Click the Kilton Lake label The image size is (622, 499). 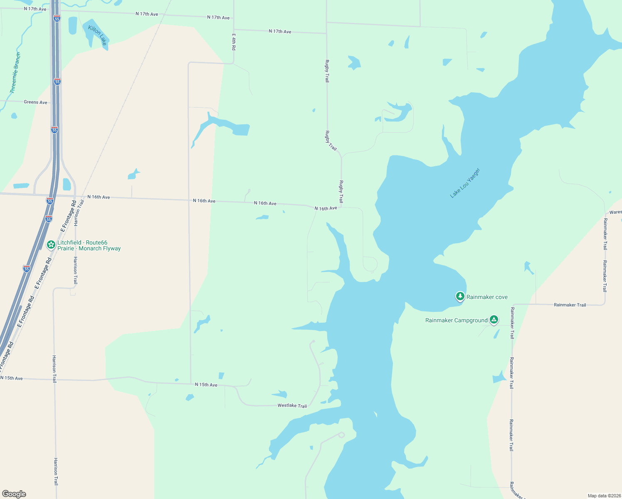point(98,35)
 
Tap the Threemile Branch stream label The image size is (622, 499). point(15,72)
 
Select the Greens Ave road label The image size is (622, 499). point(35,102)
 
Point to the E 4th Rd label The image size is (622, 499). point(234,42)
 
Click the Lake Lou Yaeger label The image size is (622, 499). point(465,183)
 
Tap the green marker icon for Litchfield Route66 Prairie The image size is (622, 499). point(51,245)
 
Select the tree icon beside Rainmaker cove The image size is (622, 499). point(460,296)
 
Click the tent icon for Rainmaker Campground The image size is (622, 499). point(494,319)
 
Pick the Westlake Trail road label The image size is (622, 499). point(292,405)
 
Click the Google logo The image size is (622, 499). point(14,494)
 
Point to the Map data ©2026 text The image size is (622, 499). point(603,496)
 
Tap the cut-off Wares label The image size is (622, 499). point(615,212)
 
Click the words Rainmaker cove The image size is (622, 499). point(487,297)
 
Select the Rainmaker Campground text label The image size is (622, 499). point(456,320)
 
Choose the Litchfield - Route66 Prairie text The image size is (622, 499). point(89,245)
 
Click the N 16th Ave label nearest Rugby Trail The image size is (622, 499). point(326,208)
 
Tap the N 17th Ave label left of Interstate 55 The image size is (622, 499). point(35,9)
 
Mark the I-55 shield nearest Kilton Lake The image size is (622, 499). point(57,18)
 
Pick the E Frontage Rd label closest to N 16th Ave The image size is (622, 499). point(69,216)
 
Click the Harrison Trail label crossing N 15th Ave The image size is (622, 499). point(54,368)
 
